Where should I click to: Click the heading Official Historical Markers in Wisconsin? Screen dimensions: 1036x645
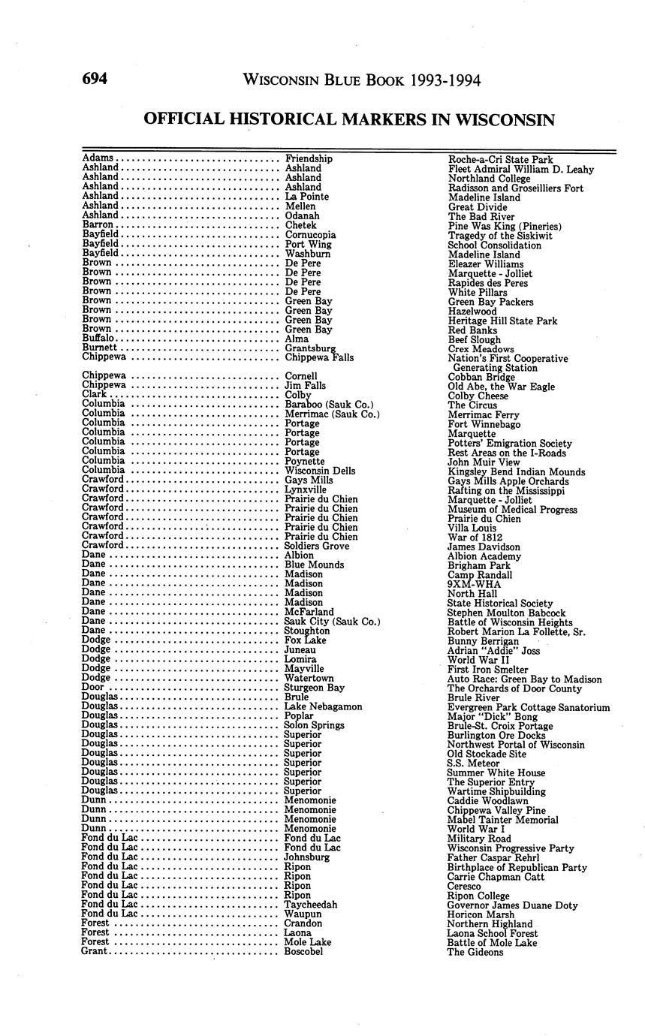pyautogui.click(x=348, y=119)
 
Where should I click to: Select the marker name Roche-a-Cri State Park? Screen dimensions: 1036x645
pyautogui.click(x=500, y=160)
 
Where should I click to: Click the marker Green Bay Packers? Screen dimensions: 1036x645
pyautogui.click(x=490, y=302)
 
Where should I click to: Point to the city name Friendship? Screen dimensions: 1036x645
pyautogui.click(x=309, y=159)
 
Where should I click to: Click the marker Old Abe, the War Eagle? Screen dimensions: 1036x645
pyautogui.click(x=501, y=387)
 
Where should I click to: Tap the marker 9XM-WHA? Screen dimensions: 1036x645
pyautogui.click(x=473, y=584)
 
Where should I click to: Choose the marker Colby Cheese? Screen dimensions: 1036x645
pyautogui.click(x=478, y=396)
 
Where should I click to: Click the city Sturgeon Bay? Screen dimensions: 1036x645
pyautogui.click(x=315, y=688)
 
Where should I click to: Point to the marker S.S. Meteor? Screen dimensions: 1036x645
pyautogui.click(x=473, y=763)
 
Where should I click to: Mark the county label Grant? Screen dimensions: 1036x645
pyautogui.click(x=94, y=952)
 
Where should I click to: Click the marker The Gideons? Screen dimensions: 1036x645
pyautogui.click(x=475, y=952)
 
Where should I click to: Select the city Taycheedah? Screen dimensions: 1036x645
pyautogui.click(x=311, y=905)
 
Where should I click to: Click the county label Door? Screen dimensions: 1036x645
pyautogui.click(x=92, y=688)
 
